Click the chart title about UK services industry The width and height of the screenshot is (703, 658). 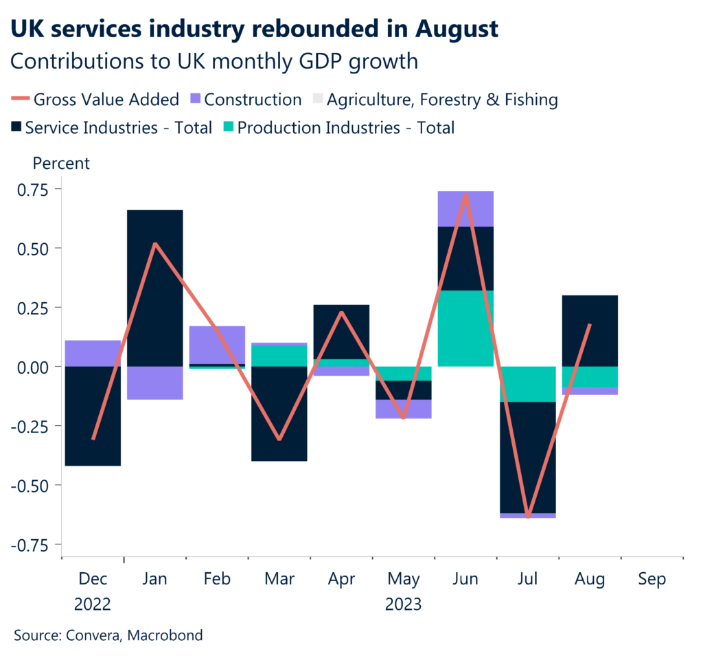pyautogui.click(x=253, y=29)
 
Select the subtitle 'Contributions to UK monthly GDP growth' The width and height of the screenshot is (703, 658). pyautogui.click(x=214, y=62)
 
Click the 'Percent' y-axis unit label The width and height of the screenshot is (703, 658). pyautogui.click(x=61, y=163)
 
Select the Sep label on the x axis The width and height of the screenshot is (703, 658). pyautogui.click(x=652, y=580)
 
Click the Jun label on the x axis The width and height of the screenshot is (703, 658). pyautogui.click(x=465, y=580)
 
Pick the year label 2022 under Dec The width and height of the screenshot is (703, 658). pyautogui.click(x=93, y=604)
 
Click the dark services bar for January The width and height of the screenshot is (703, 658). pyautogui.click(x=155, y=288)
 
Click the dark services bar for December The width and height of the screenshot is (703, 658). pyautogui.click(x=93, y=416)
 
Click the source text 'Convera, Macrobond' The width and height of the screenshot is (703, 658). pyautogui.click(x=134, y=635)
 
